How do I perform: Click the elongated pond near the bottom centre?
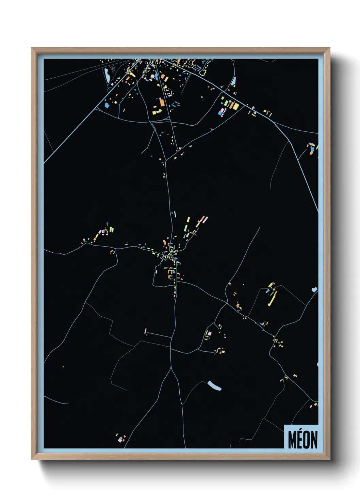tap(214, 386)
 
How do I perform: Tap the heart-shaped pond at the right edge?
tap(314, 290)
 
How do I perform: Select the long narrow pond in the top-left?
tap(107, 73)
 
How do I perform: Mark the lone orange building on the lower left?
tap(63, 366)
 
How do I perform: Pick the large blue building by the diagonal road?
tap(107, 105)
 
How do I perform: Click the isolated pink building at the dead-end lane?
tap(146, 331)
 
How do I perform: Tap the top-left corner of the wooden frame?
tap(32, 48)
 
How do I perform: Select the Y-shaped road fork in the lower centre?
tap(171, 368)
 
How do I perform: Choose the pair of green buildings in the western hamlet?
tap(111, 230)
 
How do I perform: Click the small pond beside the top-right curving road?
tap(233, 81)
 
